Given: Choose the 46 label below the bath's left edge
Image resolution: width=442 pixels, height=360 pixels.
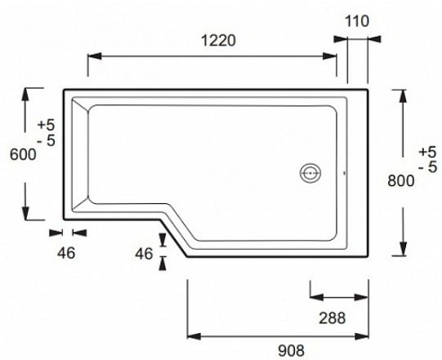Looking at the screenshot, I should pos(67,252).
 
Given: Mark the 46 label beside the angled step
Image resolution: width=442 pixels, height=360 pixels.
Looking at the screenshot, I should pos(144,254).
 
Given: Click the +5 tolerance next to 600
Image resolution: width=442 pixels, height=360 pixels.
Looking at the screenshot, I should pos(47,125).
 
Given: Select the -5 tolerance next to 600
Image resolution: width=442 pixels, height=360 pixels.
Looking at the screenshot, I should pos(47,140).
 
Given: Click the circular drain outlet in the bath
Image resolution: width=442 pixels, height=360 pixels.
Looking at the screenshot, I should pos(310,173).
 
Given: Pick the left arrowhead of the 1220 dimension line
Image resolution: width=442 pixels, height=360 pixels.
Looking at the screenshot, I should pos(92,56).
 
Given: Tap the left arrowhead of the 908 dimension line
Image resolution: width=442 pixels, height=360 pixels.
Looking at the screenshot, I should pos(194,335).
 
